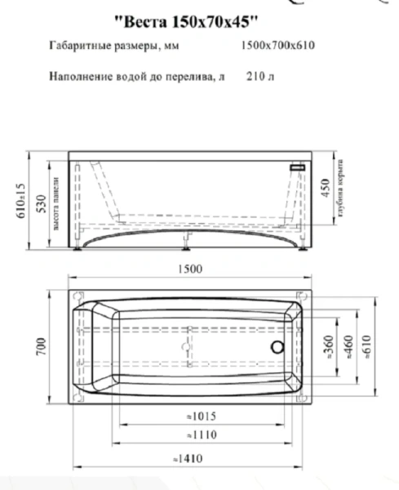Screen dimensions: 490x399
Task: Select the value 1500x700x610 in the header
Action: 277,47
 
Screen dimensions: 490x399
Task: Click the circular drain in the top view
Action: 278,346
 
